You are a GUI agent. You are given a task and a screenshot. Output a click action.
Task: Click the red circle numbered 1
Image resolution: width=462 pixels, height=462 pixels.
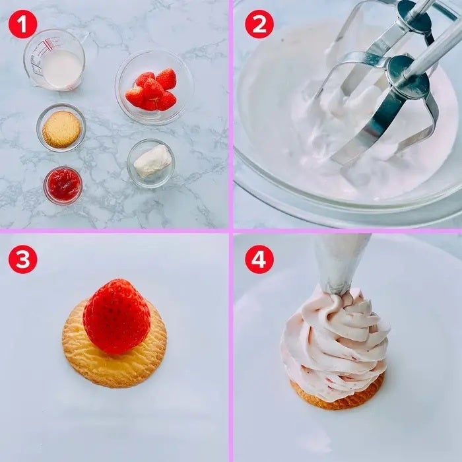click(x=22, y=24)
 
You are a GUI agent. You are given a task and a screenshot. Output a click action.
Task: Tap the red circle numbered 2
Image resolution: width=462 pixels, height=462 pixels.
click(x=259, y=24)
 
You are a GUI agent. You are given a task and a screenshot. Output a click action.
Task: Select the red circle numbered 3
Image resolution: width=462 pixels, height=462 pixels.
click(x=22, y=259)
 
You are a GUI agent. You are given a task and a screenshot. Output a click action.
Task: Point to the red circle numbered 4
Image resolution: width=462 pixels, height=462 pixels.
click(x=259, y=259)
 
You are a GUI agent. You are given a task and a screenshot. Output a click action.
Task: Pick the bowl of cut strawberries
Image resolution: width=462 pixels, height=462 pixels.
click(x=154, y=88)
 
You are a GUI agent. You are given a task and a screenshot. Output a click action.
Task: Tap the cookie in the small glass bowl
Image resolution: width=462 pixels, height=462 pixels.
click(x=61, y=129)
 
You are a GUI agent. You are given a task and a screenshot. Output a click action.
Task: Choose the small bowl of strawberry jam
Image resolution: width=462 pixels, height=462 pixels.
click(x=63, y=185)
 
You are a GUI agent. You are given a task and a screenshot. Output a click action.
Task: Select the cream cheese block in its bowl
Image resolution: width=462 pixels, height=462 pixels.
click(x=152, y=160)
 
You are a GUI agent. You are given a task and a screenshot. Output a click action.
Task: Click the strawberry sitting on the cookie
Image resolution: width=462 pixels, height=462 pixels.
click(x=117, y=316)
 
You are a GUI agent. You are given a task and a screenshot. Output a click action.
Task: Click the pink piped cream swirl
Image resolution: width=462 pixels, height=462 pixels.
click(x=335, y=343)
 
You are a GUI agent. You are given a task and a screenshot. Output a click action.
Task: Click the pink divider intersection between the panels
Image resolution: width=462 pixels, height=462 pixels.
click(x=231, y=231)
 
